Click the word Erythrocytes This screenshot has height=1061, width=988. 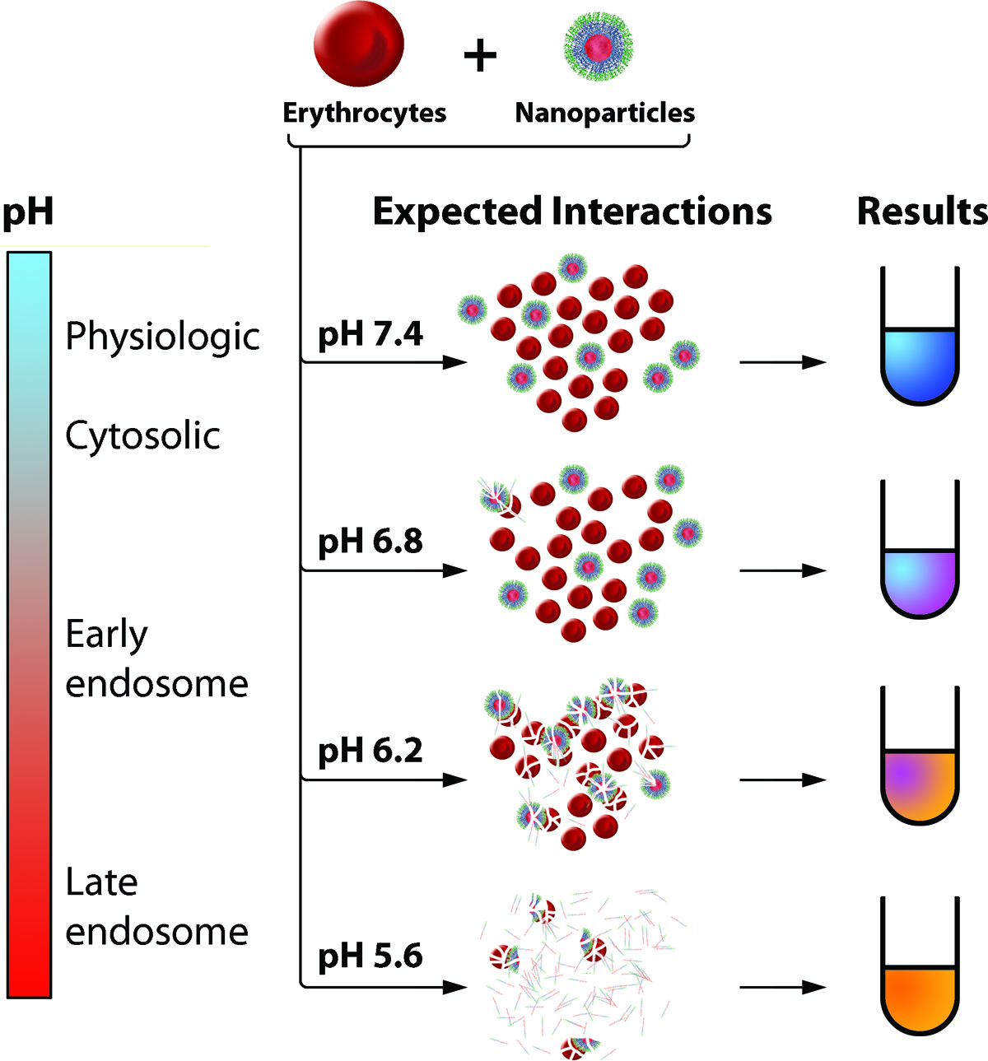(x=364, y=113)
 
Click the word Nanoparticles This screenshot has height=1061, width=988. (x=604, y=113)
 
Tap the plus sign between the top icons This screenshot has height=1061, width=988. (x=480, y=57)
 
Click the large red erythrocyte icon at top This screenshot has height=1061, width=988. (x=358, y=45)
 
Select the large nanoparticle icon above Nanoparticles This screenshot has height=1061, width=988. (x=599, y=46)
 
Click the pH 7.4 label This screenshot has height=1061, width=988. (x=370, y=334)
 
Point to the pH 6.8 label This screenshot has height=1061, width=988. (x=370, y=542)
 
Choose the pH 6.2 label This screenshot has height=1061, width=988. (x=370, y=751)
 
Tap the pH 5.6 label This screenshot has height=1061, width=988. (x=370, y=956)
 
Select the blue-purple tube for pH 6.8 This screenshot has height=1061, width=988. (x=920, y=580)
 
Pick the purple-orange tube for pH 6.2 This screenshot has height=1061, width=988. (x=920, y=786)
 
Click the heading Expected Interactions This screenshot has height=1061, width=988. (x=572, y=212)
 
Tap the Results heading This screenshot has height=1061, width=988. (x=921, y=212)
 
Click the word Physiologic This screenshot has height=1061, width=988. (x=162, y=336)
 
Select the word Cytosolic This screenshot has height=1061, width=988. (x=142, y=435)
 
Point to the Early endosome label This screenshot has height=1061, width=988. (x=156, y=658)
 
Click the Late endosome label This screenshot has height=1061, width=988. (x=156, y=906)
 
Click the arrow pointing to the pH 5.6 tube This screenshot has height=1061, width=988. (x=782, y=987)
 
